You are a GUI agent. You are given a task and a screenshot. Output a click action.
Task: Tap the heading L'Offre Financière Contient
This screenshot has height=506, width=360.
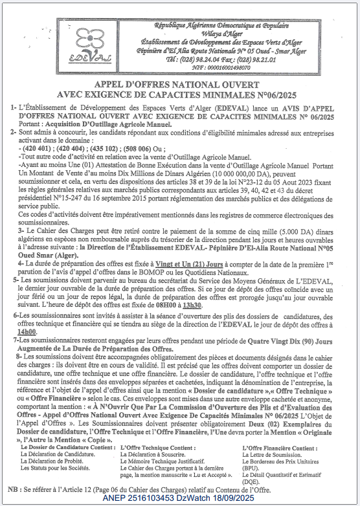(279, 446)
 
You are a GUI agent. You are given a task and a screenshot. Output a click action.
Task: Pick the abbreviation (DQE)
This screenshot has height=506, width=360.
(252, 481)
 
